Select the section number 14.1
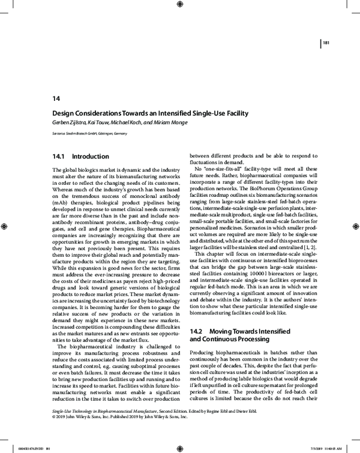(61, 156)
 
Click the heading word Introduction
(98, 156)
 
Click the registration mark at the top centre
(181, 5)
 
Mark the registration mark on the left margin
(5, 226)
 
